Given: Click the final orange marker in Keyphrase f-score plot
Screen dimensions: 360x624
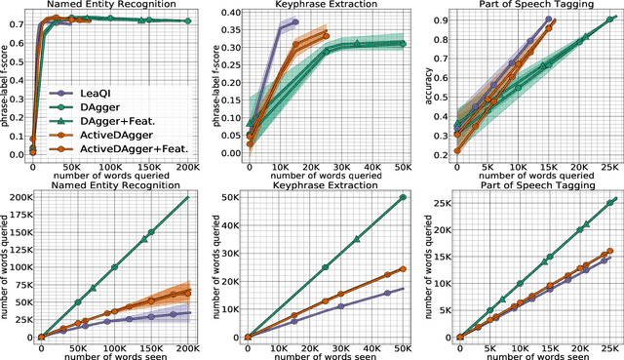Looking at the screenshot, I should pyautogui.click(x=327, y=36).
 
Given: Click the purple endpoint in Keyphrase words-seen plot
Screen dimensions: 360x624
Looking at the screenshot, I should pyautogui.click(x=403, y=290).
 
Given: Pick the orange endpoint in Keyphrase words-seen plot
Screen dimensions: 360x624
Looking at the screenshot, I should pyautogui.click(x=403, y=268).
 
